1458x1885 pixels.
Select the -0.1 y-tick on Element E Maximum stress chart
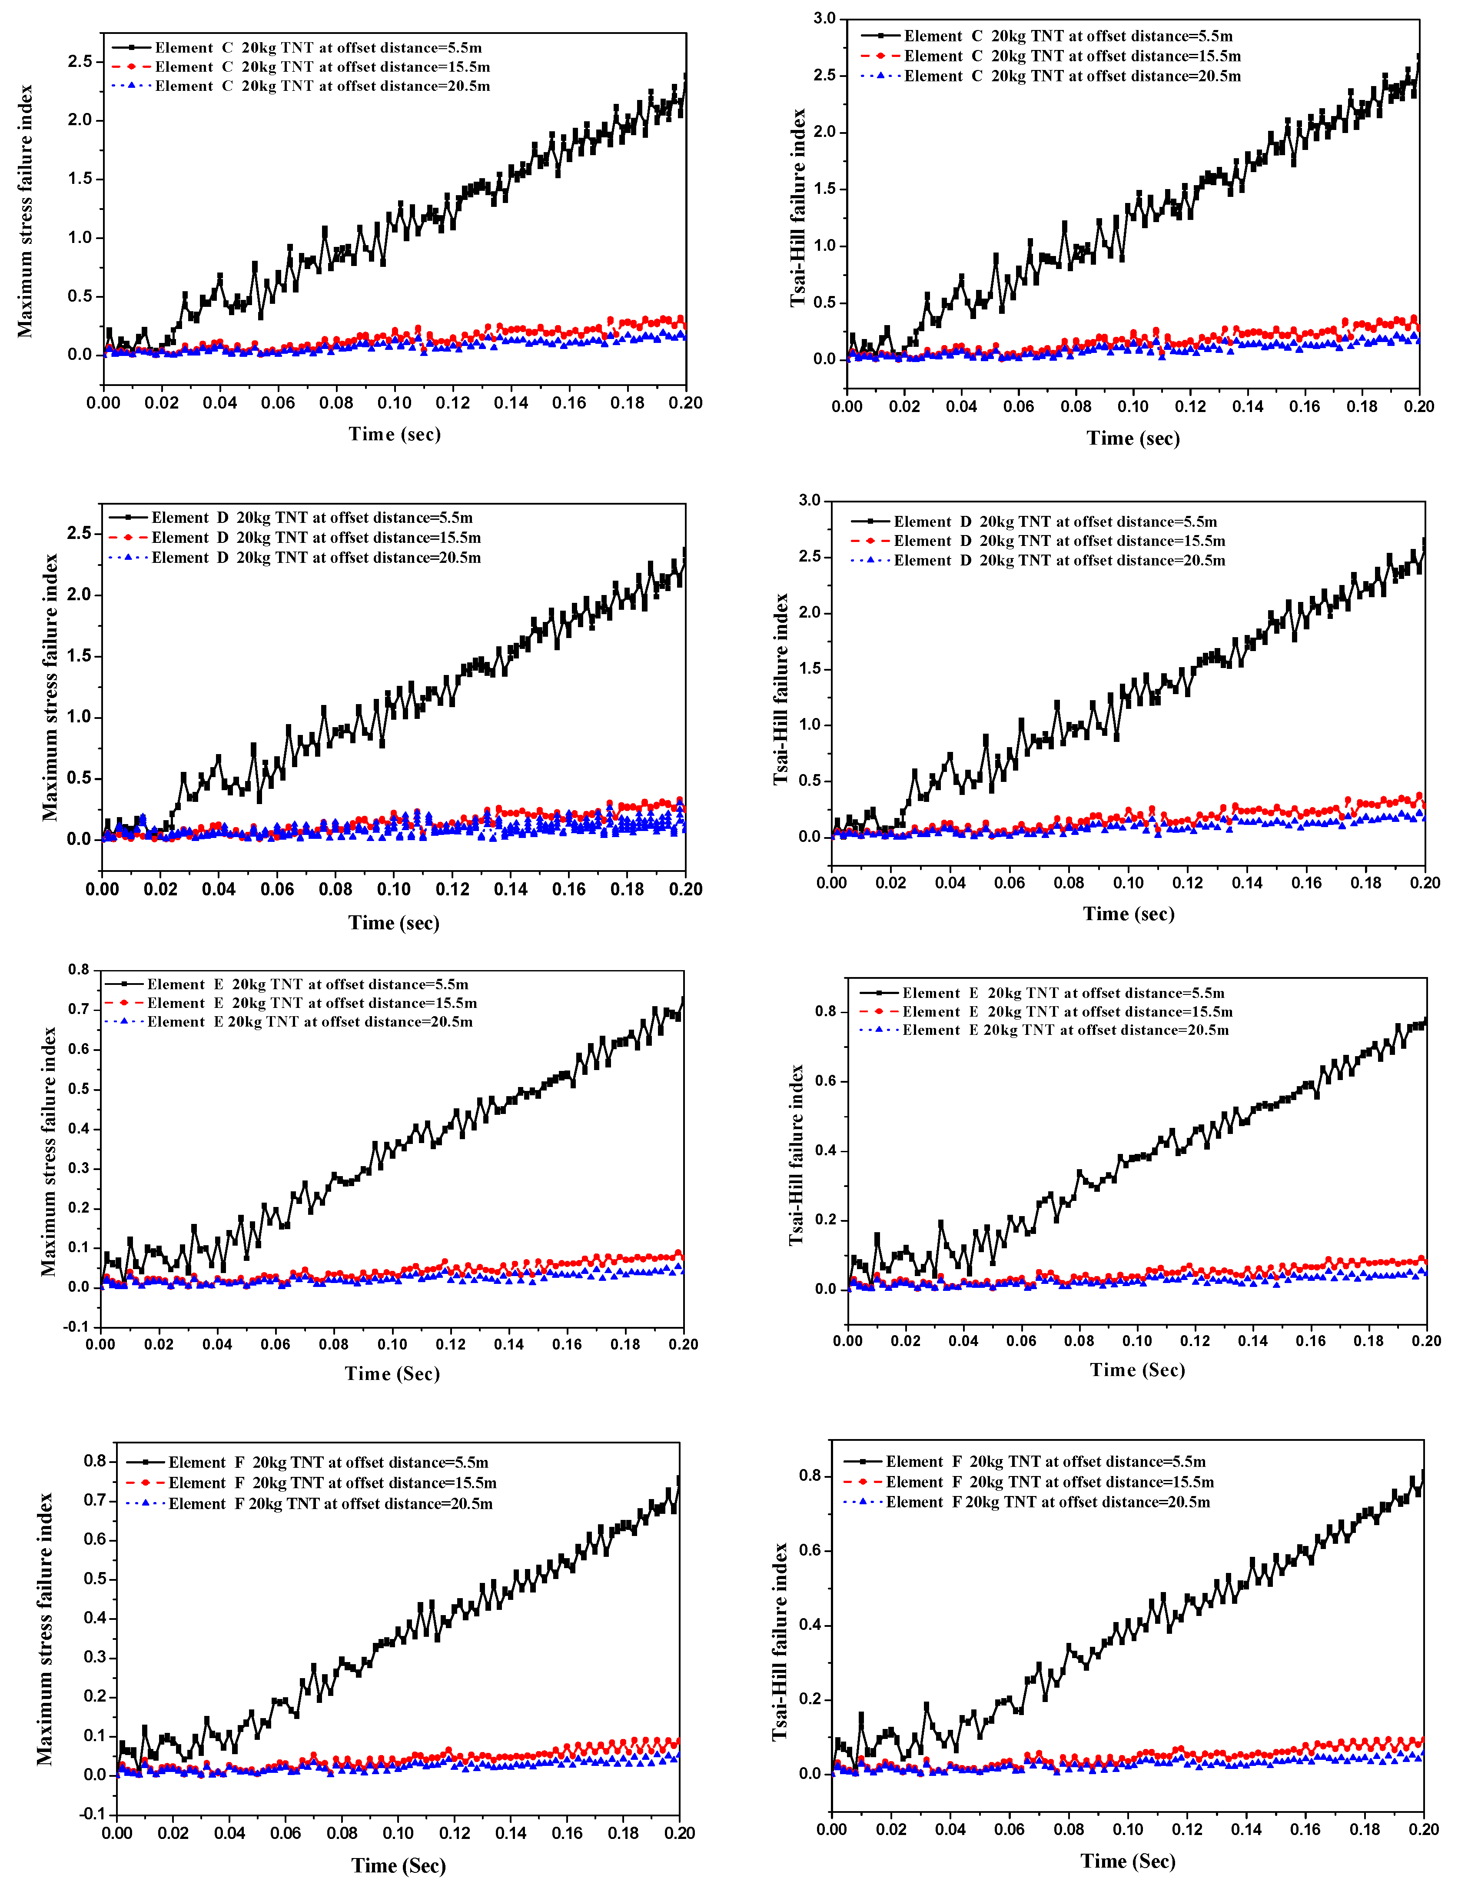pos(77,1326)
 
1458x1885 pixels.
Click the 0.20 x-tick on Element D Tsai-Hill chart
pos(1425,883)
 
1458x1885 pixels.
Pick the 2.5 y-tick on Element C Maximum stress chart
pos(80,61)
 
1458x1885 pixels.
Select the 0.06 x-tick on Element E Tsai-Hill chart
pos(1021,1340)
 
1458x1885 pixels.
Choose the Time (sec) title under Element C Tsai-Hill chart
pos(1133,439)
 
